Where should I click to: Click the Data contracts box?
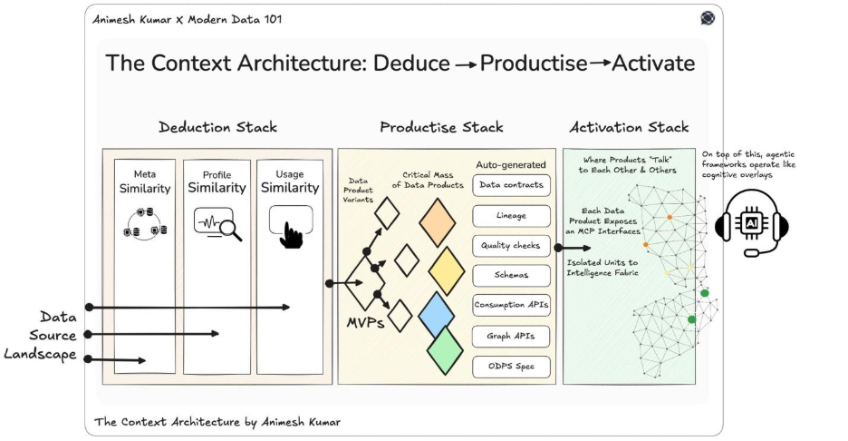click(510, 185)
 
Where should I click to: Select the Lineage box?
click(510, 215)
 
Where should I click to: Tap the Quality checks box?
click(510, 245)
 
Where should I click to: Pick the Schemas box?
click(510, 275)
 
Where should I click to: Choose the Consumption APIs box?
click(510, 305)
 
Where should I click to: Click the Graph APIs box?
click(510, 336)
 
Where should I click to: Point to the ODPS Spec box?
click(510, 366)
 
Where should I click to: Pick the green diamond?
click(446, 350)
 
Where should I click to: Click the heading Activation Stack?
click(630, 127)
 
